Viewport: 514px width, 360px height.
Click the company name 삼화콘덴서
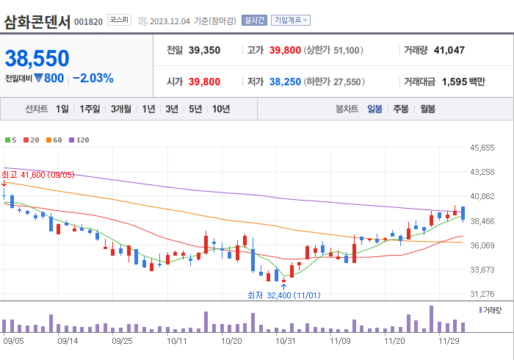(x=37, y=21)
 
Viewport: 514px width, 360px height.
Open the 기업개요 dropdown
(x=290, y=21)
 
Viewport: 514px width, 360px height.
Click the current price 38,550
(x=37, y=58)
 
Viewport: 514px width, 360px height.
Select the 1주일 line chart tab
(x=90, y=109)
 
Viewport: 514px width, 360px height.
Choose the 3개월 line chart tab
(x=121, y=109)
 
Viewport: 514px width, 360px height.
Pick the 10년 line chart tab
(x=220, y=109)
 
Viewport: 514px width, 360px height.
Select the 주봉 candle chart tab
(x=401, y=109)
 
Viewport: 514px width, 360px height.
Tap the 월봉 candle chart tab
(x=427, y=109)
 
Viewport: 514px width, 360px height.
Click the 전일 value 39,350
(x=203, y=51)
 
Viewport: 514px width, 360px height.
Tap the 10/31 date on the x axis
(x=285, y=341)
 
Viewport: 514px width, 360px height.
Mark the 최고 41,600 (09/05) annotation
(x=38, y=175)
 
